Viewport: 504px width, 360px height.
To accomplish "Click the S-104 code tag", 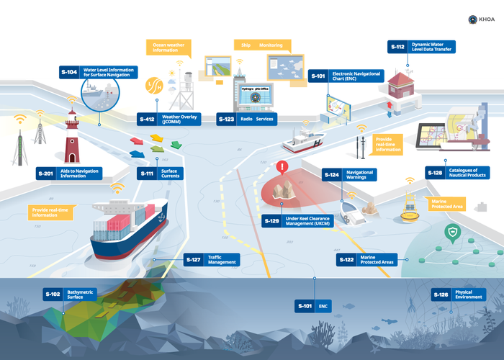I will click(69, 72).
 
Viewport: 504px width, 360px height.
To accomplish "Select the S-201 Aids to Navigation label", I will click(71, 174).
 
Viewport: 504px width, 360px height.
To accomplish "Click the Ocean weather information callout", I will click(170, 48).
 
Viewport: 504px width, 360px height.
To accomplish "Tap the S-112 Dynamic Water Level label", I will click(422, 48).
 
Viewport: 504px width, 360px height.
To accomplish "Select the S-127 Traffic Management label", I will click(212, 259).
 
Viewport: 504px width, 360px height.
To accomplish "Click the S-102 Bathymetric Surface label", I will click(71, 294).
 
